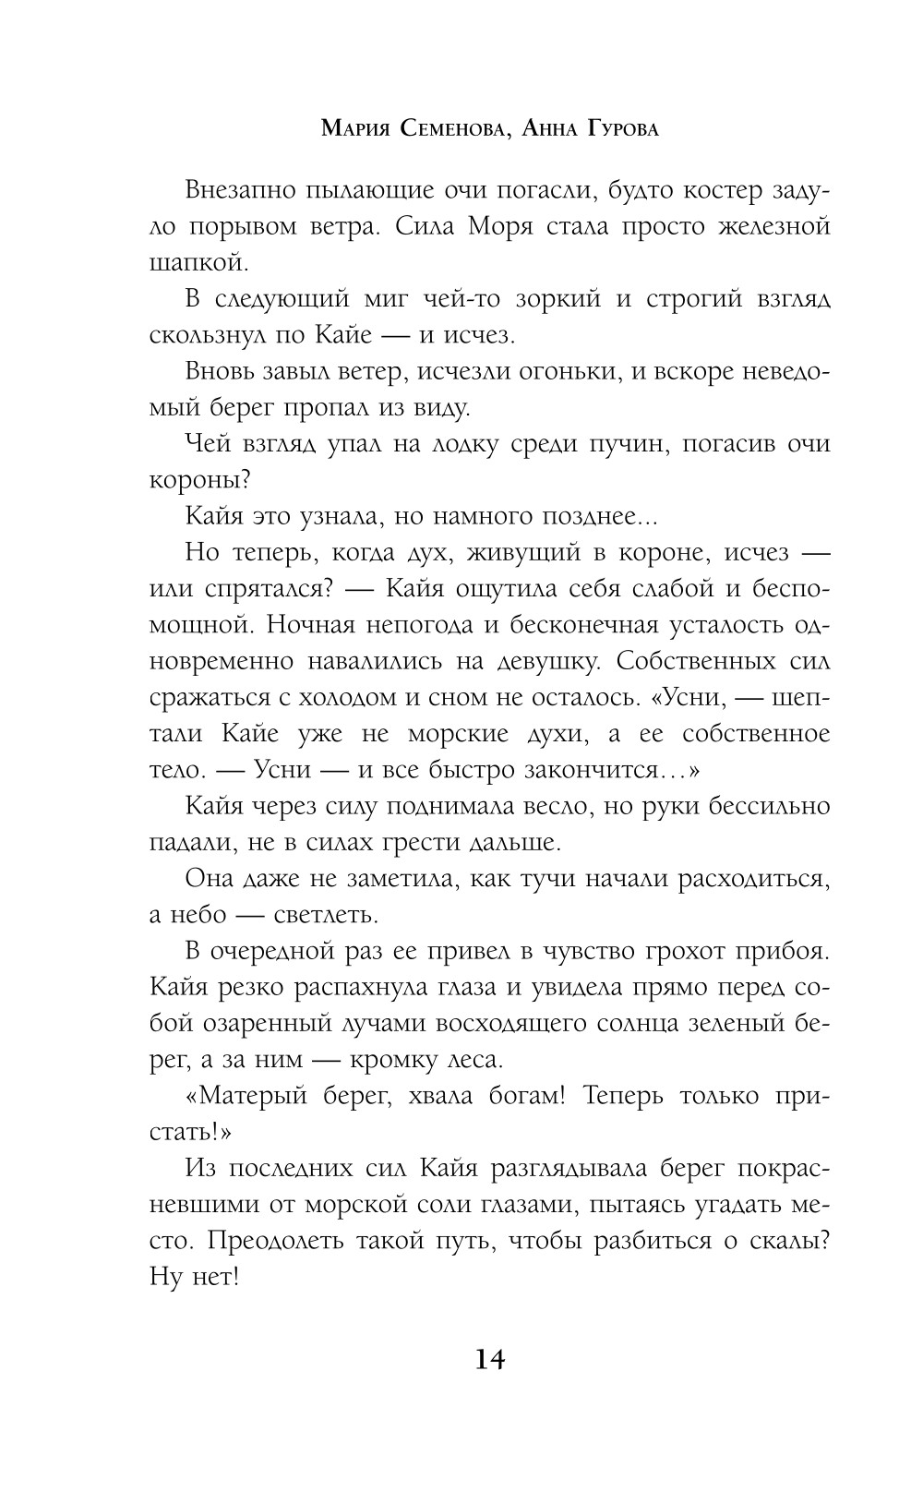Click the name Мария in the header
[x=355, y=129]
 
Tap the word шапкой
[x=198, y=263]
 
